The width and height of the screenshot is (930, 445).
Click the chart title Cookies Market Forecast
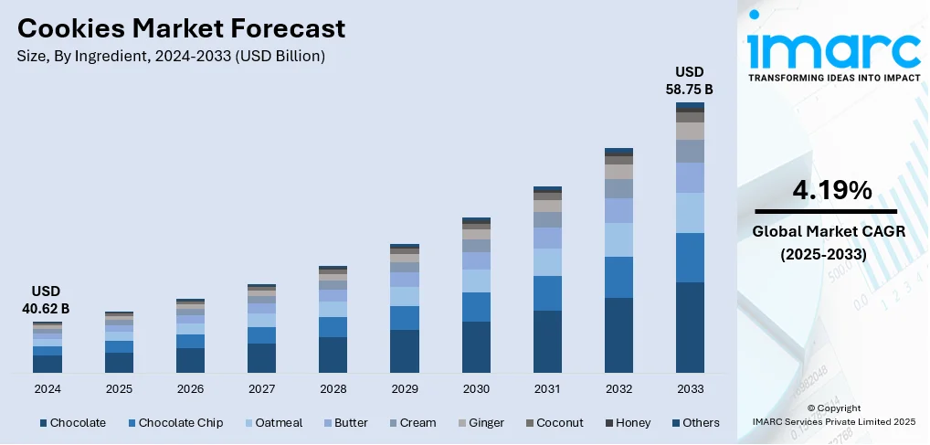point(181,28)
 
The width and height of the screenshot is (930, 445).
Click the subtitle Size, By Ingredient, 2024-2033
point(170,56)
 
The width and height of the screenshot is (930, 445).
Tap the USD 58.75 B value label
point(690,80)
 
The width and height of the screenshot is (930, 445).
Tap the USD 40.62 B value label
point(47,300)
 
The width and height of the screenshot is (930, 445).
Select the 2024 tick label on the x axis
point(47,388)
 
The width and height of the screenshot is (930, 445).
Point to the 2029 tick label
point(404,388)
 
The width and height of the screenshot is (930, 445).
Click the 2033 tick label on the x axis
point(690,388)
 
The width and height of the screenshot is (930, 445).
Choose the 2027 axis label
point(261,388)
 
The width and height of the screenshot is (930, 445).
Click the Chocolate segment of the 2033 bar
point(690,327)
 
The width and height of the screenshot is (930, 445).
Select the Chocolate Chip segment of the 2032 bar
point(618,277)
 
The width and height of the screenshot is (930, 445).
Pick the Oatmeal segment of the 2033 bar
point(690,212)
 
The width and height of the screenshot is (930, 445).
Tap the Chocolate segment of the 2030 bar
point(476,347)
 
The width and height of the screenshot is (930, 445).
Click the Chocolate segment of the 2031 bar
point(547,341)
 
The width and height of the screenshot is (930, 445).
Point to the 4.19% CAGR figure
point(832,190)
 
